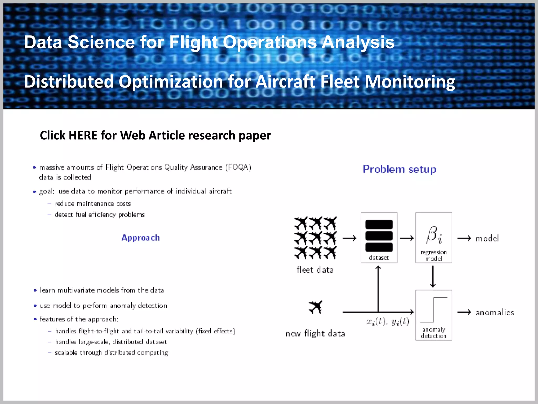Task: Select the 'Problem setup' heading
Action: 399,169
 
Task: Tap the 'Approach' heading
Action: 141,238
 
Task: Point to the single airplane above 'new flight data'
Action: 315,307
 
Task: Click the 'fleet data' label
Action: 315,270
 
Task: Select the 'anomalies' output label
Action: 495,312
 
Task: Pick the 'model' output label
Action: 487,239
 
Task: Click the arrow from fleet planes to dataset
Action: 349,238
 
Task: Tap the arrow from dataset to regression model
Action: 407,238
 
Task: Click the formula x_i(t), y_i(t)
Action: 388,321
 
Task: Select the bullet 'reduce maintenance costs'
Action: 93,204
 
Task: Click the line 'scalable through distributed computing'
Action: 111,353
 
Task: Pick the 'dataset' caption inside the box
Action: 379,258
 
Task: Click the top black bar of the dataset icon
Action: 379,224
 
